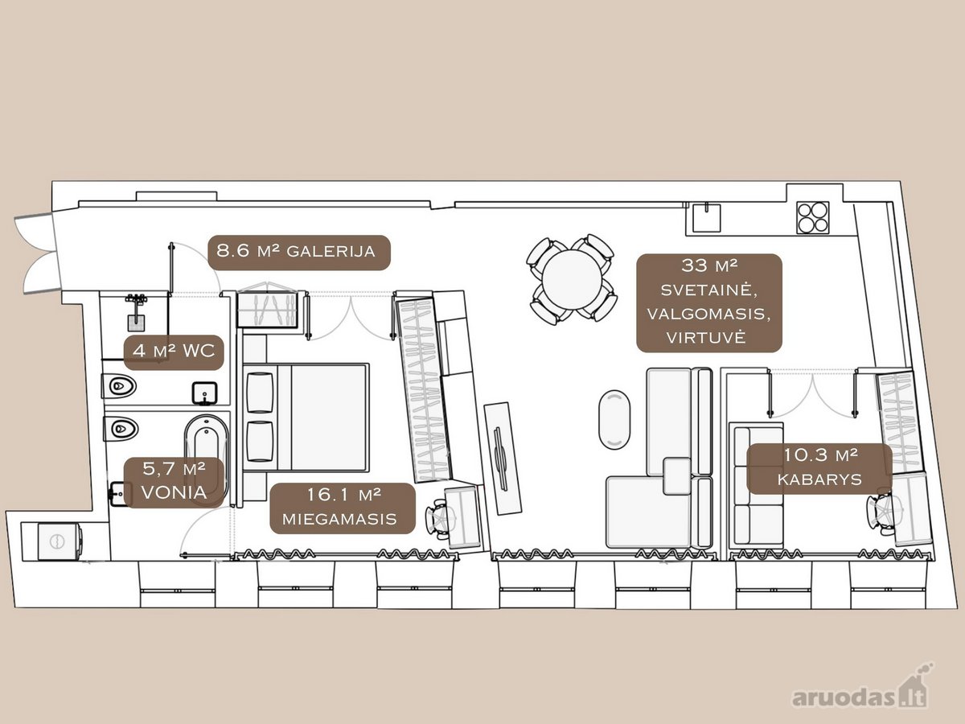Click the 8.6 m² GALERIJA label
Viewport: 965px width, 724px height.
pyautogui.click(x=299, y=253)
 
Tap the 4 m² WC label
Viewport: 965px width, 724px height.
pyautogui.click(x=174, y=352)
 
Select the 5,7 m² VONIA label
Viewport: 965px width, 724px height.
pyautogui.click(x=174, y=482)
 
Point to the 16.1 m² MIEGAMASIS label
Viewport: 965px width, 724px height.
pyautogui.click(x=343, y=508)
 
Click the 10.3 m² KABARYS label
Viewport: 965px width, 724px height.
pyautogui.click(x=819, y=468)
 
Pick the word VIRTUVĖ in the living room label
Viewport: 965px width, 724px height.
pyautogui.click(x=706, y=338)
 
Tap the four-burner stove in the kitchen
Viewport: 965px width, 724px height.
pyautogui.click(x=813, y=217)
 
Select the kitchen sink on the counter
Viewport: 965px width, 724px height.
pyautogui.click(x=707, y=217)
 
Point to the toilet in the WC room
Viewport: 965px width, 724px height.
pyautogui.click(x=119, y=387)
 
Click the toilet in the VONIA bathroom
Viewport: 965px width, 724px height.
pyautogui.click(x=121, y=428)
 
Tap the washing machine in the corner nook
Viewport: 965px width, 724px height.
pyautogui.click(x=60, y=541)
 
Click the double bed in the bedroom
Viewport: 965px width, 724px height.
pyautogui.click(x=306, y=418)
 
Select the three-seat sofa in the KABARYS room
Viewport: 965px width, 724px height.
pyautogui.click(x=756, y=485)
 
